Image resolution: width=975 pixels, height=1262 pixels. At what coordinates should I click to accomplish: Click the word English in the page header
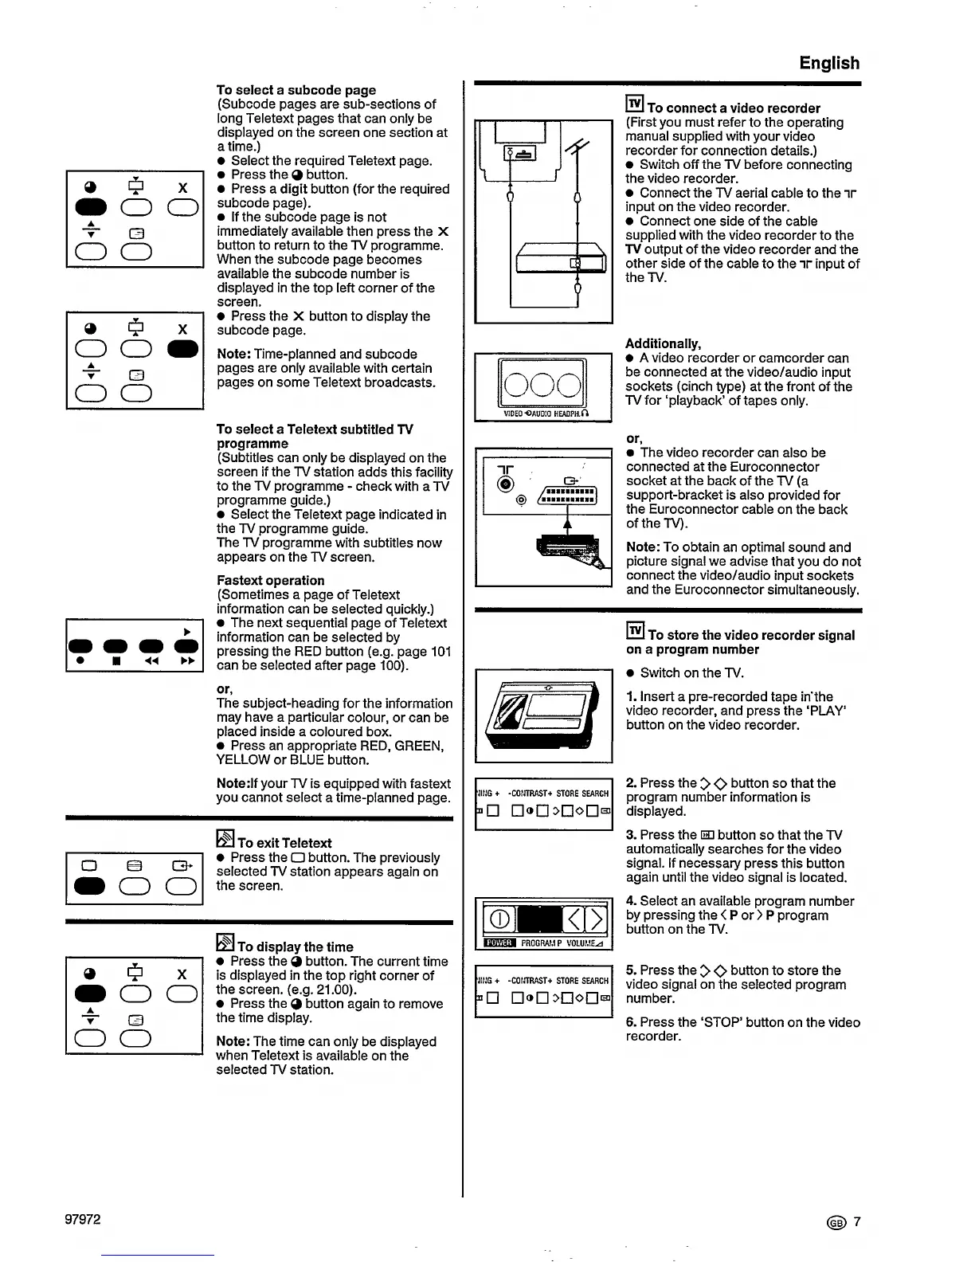829,63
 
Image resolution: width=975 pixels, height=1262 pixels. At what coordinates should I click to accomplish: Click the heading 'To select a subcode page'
296,90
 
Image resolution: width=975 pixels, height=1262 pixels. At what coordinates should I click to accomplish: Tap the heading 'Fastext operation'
270,580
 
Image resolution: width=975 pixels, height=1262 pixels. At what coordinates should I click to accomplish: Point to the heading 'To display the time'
295,946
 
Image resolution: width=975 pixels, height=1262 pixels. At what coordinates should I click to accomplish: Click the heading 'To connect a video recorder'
733,108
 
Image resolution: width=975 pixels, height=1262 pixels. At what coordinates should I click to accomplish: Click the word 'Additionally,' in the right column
663,343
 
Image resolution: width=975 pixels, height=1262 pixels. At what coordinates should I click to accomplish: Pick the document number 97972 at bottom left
83,1220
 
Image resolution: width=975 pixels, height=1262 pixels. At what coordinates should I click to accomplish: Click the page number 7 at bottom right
857,1222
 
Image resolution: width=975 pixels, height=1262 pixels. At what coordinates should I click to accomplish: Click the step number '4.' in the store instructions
631,901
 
